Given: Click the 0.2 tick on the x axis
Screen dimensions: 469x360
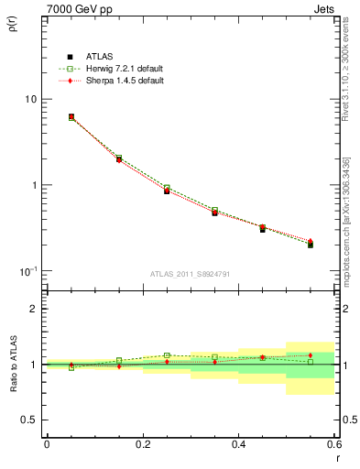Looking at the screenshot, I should tap(142, 444).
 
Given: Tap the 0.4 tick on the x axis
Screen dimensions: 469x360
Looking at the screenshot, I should tap(238, 444).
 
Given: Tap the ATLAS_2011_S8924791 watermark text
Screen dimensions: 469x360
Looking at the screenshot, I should tap(190, 273).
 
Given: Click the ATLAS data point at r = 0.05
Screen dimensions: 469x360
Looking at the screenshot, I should tap(71, 117).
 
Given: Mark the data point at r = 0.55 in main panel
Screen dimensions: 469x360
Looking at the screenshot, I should tap(311, 245).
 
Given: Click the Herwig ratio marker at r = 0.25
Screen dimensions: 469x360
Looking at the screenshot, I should tap(167, 355).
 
